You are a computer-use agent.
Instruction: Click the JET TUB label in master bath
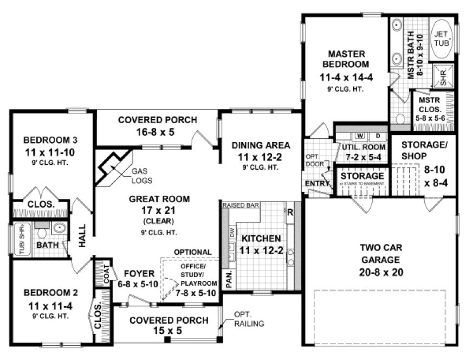[x=442, y=39]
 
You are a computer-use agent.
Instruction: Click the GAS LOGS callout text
[x=141, y=176]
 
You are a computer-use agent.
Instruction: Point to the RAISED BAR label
[x=242, y=205]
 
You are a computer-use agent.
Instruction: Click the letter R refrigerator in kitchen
[x=290, y=212]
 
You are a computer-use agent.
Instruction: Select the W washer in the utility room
[x=359, y=135]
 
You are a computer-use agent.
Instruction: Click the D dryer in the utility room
[x=378, y=135]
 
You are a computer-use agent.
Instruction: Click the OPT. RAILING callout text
[x=249, y=319]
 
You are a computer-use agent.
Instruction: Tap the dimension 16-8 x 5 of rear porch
[x=157, y=132]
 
